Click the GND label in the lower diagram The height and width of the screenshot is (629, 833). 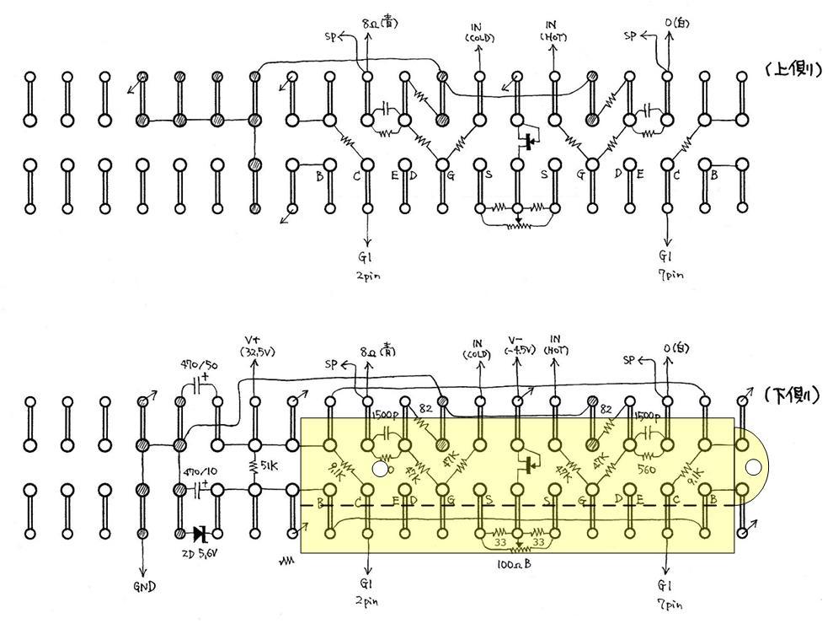point(143,586)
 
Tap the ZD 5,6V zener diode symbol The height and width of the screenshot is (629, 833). point(200,534)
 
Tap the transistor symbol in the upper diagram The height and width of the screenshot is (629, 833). point(528,141)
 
